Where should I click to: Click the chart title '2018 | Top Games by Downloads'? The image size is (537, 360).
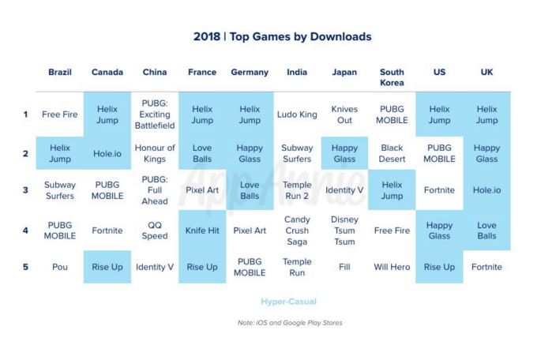click(x=282, y=36)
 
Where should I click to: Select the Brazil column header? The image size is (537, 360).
click(x=60, y=72)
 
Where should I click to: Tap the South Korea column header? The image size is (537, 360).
click(x=392, y=77)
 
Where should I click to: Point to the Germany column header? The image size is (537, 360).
click(x=250, y=72)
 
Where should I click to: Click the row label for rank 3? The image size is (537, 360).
click(x=25, y=190)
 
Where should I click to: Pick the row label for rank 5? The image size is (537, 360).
click(x=25, y=267)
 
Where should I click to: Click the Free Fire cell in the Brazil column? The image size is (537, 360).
click(x=60, y=114)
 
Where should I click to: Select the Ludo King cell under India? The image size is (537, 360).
click(x=297, y=114)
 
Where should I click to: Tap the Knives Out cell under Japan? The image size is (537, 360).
click(x=344, y=114)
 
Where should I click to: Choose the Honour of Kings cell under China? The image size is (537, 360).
click(x=155, y=153)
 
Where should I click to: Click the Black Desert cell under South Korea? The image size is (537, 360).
click(x=392, y=153)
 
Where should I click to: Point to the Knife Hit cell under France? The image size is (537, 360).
click(x=202, y=231)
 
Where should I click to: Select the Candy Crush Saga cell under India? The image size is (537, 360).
click(x=297, y=231)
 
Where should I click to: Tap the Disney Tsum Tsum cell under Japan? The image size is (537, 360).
click(x=344, y=231)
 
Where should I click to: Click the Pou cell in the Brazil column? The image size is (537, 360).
click(x=60, y=267)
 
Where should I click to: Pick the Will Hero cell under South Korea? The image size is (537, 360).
click(x=392, y=267)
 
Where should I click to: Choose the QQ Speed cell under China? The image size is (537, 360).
click(x=155, y=231)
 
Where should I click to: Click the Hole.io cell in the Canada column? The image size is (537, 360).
click(x=107, y=153)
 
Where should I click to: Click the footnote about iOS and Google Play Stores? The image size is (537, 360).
click(x=290, y=322)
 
